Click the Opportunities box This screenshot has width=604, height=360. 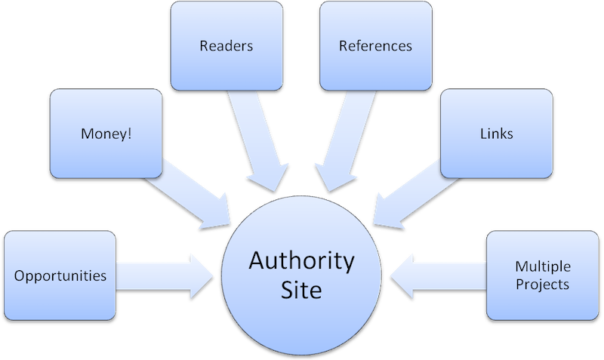coord(60,275)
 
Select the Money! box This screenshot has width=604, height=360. coord(105,134)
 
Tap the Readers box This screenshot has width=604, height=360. coord(226,46)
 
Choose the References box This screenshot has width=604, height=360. coord(375,46)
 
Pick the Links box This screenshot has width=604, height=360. coord(496,134)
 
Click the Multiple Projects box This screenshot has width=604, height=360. coord(541,275)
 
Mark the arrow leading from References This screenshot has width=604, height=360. coord(344,140)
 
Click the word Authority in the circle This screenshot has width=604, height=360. coord(302,263)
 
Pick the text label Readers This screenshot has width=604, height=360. coord(226,46)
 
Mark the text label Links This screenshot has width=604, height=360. coord(496,134)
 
